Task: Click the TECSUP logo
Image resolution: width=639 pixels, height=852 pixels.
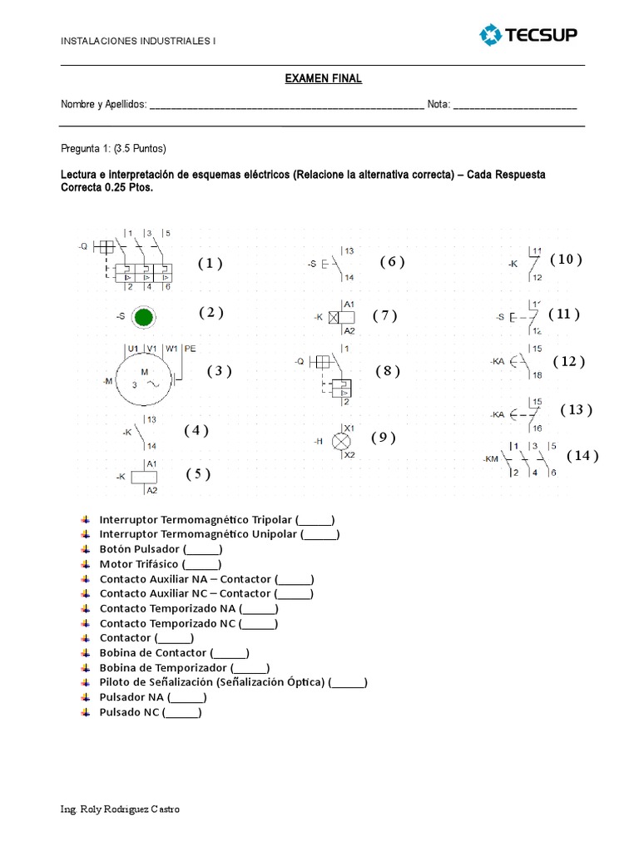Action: (x=528, y=35)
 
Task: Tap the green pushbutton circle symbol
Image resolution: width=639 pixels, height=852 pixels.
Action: (x=144, y=317)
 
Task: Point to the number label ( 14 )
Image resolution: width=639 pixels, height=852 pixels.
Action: (x=582, y=455)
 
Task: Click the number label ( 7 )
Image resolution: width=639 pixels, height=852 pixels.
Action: (x=384, y=315)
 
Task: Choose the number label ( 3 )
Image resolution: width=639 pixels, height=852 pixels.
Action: (x=219, y=371)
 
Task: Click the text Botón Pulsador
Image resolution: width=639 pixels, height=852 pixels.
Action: (x=139, y=549)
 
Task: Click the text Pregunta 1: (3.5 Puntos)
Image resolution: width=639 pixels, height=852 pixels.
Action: (x=114, y=149)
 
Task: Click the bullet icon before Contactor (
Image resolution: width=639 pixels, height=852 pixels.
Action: (x=86, y=638)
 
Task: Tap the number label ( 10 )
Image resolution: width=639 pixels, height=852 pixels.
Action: (x=566, y=259)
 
